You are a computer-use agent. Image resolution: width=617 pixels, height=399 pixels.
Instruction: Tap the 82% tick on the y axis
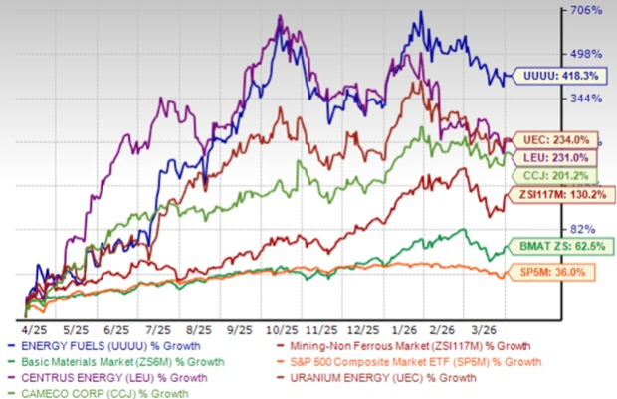[x=586, y=228]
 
